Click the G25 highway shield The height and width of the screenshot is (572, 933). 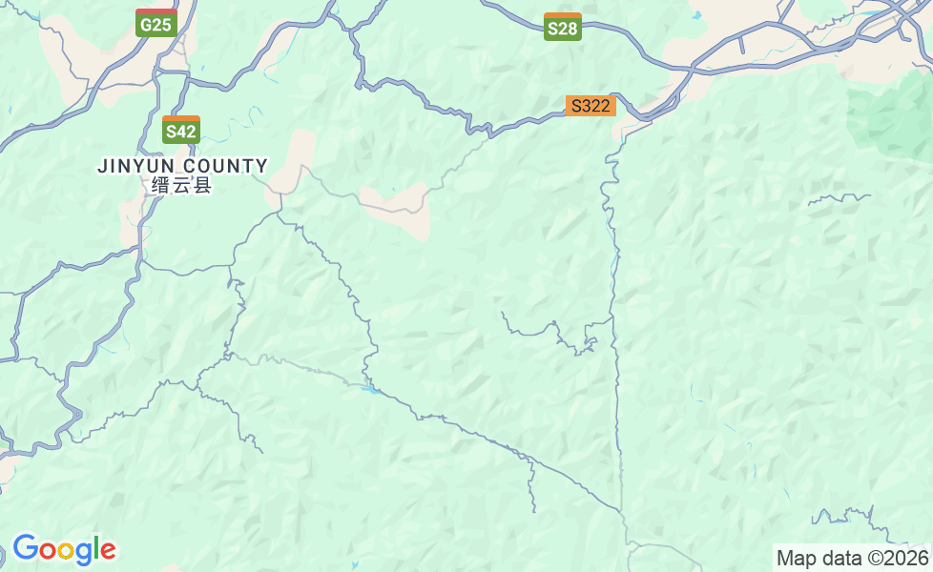point(155,24)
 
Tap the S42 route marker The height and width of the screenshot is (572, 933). point(180,131)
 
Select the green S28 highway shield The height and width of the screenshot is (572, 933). point(563,28)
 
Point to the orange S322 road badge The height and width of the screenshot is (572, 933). point(591,106)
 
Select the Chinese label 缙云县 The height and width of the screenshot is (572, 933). point(181,185)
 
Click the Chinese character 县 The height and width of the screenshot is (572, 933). point(202,185)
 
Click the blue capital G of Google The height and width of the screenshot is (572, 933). point(24,549)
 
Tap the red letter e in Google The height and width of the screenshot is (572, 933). point(108,551)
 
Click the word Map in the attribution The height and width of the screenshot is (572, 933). point(795,558)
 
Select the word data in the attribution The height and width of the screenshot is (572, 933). point(840,558)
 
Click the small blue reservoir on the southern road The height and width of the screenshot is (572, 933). point(368,387)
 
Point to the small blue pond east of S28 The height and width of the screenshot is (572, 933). point(696,15)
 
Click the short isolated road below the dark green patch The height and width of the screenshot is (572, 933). point(840,197)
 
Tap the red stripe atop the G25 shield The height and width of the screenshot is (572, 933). point(155,12)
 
